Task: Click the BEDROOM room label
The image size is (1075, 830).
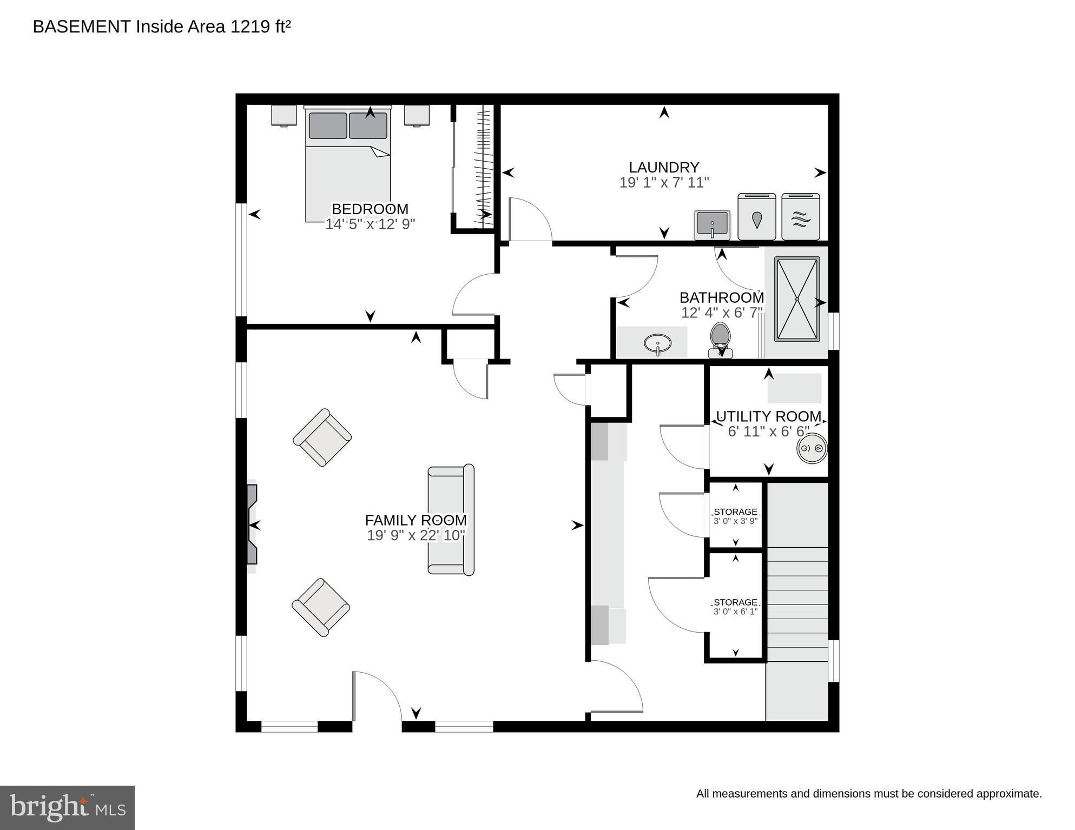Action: point(370,209)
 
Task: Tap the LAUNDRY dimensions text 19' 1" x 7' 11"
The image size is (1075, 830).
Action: point(664,183)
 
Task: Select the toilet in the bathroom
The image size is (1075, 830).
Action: point(720,341)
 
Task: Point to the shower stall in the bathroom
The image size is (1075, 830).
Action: point(797,299)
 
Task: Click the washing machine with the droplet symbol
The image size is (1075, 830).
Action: point(757,216)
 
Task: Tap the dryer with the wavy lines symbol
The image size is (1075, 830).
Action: point(801,216)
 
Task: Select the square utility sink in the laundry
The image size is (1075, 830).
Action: point(713,225)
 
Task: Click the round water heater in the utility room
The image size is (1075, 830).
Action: point(812,448)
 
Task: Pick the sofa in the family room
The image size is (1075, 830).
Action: point(451,520)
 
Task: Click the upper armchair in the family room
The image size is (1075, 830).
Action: point(322,437)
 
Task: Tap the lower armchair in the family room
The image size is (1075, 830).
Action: point(321,608)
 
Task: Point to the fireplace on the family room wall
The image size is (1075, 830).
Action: point(252,525)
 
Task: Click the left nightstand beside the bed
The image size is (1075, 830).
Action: point(284,116)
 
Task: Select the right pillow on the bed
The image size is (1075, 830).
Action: point(368,125)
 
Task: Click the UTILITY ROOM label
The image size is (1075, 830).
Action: point(769,416)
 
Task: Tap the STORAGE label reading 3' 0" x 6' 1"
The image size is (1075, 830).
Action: point(735,607)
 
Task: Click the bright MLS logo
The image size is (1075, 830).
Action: point(67,807)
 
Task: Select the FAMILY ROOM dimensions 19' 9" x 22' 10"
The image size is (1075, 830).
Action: point(416,535)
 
